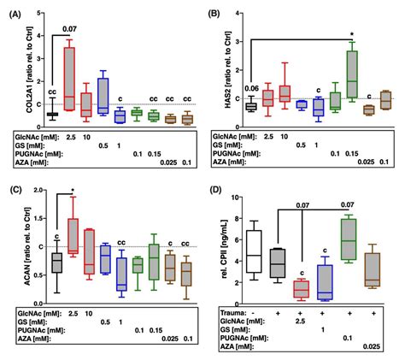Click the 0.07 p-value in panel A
coord(62,29)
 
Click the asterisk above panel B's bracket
coord(352,35)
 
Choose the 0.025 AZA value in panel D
coord(371,345)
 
